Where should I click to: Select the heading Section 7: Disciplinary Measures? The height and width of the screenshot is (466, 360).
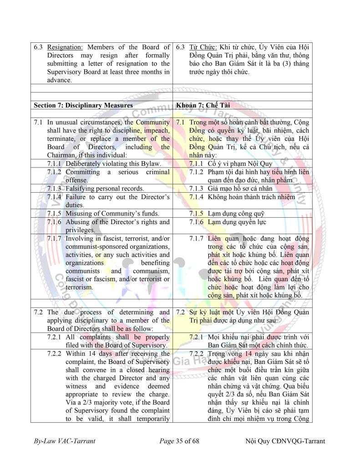coord(83,105)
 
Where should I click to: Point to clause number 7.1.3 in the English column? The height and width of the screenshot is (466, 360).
coord(55,189)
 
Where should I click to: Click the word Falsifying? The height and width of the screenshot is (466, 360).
coord(81,189)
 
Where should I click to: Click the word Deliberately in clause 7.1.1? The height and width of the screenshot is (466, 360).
coord(84,164)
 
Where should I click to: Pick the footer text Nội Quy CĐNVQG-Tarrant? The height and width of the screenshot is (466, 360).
coord(285,441)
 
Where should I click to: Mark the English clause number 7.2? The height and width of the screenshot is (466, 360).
coord(39,312)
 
